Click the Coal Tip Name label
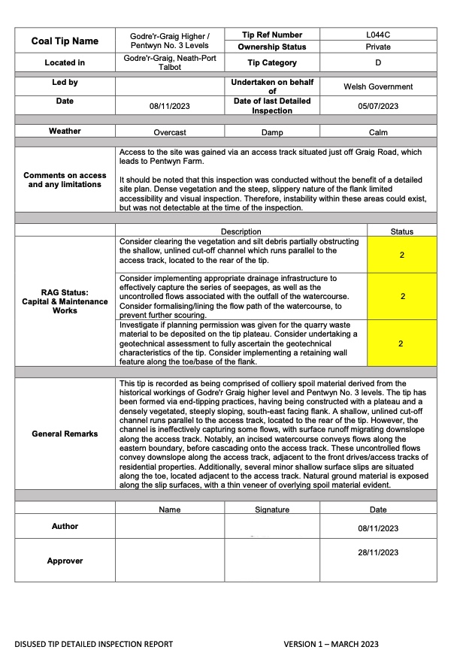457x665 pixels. tap(65, 41)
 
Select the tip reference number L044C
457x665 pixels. tap(378, 35)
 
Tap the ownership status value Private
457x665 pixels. tap(378, 47)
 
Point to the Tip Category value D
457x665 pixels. tap(378, 63)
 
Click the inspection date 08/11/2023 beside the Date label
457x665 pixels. tap(171, 107)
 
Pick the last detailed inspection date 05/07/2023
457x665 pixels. tap(378, 107)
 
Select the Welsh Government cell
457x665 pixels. tap(378, 87)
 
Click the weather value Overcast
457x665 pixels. tap(171, 132)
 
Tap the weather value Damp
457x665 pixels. tap(272, 132)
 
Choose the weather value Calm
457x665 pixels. tap(378, 132)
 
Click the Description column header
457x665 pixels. tap(241, 231)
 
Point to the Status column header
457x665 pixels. tap(402, 231)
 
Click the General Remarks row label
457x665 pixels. tap(65, 434)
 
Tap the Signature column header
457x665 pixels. tap(272, 509)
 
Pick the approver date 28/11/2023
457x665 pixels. tap(378, 552)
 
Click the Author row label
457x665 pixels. tap(65, 527)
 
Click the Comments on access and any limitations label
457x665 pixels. tap(65, 180)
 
